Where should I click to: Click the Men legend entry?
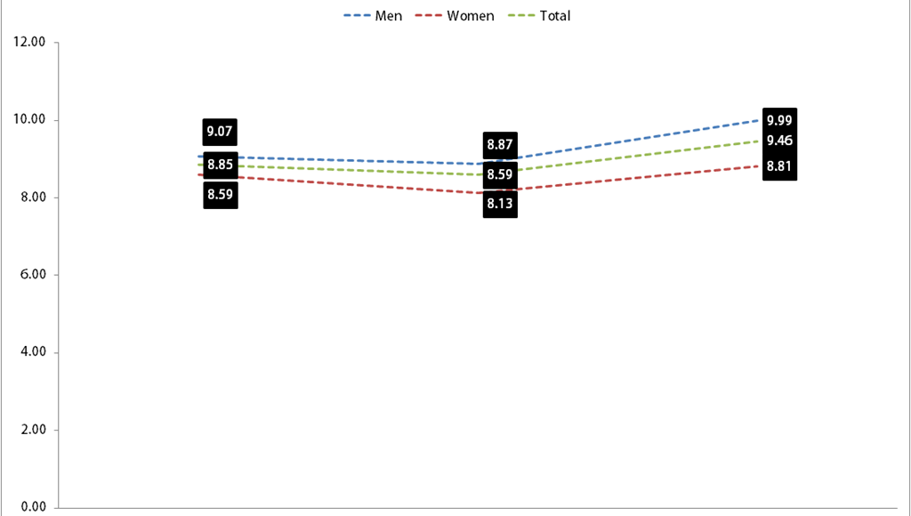point(373,16)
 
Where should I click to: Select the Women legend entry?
point(455,16)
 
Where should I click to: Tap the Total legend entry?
point(539,16)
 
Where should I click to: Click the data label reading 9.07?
point(220,132)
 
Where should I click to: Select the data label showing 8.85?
point(221,165)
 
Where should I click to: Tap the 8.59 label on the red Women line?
point(221,194)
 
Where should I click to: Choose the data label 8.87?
point(500,145)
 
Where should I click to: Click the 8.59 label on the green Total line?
point(500,174)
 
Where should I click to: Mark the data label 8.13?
point(500,204)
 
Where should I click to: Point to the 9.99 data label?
point(779,121)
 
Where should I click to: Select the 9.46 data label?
point(779,141)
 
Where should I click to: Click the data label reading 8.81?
point(779,166)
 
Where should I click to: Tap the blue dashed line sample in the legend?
point(357,16)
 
